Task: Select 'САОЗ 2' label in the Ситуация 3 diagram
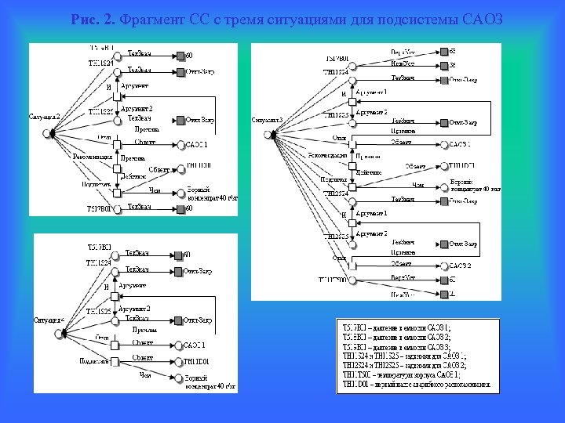(x=461, y=264)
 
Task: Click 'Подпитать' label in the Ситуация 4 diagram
(x=93, y=360)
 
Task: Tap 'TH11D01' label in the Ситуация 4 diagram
(x=199, y=361)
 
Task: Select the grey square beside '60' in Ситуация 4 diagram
(x=179, y=255)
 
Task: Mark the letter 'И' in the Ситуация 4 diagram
(x=107, y=287)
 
